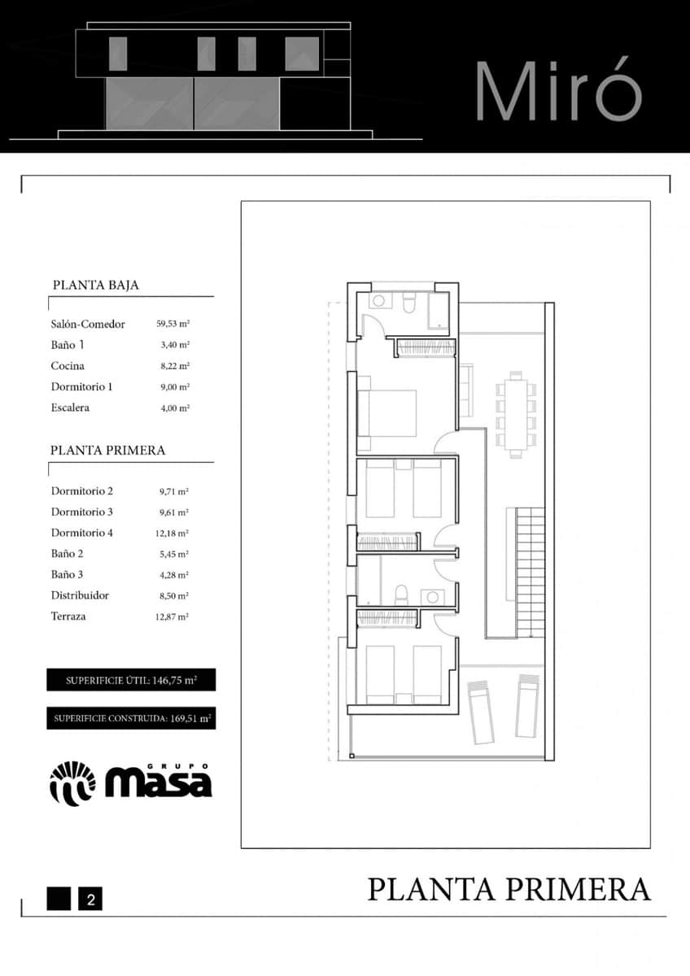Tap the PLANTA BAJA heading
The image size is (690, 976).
click(95, 285)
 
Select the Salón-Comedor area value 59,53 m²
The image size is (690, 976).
click(173, 324)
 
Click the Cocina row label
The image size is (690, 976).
click(68, 366)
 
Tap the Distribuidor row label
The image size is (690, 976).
click(80, 595)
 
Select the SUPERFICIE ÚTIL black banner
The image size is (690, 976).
click(131, 680)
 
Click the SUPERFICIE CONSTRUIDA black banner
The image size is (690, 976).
click(131, 718)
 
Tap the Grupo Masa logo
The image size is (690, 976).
click(131, 783)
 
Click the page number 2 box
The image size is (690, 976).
click(90, 900)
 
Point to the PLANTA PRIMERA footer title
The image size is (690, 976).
click(509, 889)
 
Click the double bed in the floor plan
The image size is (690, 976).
click(388, 413)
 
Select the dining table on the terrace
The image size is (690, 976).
click(516, 415)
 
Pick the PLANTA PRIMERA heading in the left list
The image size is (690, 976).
click(107, 450)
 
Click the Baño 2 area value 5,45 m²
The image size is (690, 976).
click(173, 554)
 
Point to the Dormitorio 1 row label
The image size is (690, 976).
click(81, 386)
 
